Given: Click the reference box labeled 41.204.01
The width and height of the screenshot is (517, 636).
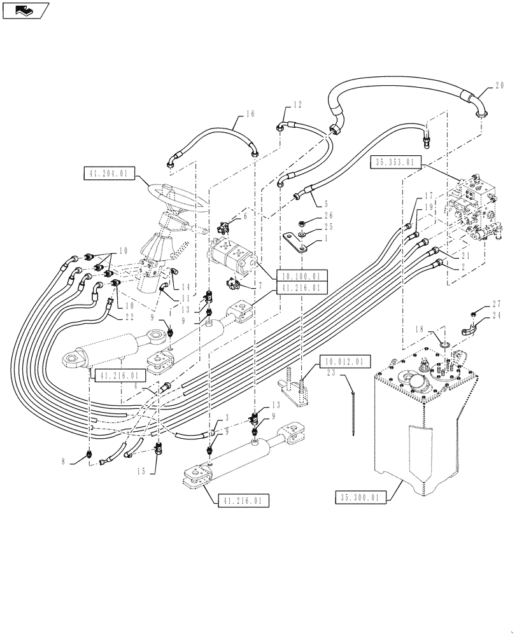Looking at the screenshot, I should (x=108, y=172).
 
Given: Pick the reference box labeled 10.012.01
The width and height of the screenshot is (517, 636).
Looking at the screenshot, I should (x=342, y=361).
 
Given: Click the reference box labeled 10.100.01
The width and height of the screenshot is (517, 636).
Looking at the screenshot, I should (x=302, y=275).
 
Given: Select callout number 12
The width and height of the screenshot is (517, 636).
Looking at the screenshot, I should (x=297, y=104).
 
